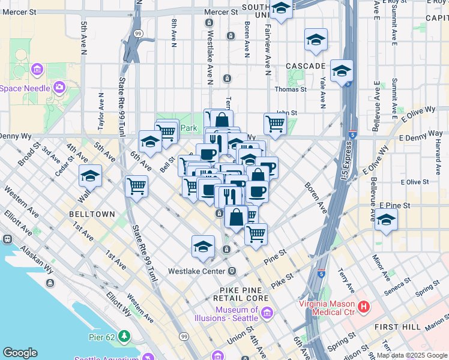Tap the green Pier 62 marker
tap(124, 335)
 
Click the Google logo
tap(20, 353)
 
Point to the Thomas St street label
tap(291, 89)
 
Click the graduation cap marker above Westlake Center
tap(203, 246)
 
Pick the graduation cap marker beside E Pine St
tap(386, 219)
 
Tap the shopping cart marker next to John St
tap(275, 124)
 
